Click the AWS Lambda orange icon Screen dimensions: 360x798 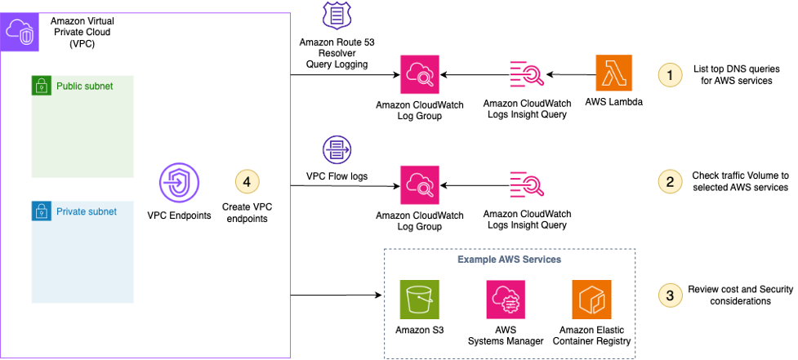coord(615,75)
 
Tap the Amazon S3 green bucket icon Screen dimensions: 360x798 coord(420,300)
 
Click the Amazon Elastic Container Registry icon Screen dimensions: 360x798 coord(591,300)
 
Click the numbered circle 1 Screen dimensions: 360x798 coord(670,74)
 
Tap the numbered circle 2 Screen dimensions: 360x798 coord(670,181)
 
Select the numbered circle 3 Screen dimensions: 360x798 coord(670,295)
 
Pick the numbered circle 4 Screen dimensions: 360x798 coord(247,183)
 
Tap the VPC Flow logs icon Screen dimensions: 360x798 coord(336,150)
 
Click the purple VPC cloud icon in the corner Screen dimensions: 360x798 coord(20,32)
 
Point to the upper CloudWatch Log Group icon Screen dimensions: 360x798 coord(420,75)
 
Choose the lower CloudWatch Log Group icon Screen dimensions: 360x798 coord(420,184)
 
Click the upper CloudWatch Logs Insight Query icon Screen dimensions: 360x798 coord(527,75)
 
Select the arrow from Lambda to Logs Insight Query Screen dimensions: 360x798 coord(571,75)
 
